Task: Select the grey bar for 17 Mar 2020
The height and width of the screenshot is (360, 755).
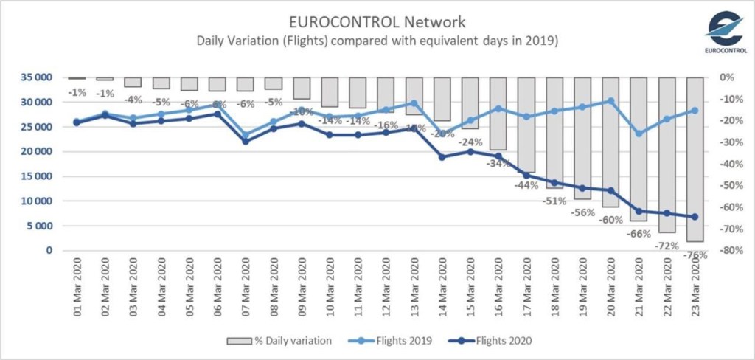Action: coord(526,125)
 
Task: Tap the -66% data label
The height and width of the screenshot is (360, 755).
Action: coord(639,234)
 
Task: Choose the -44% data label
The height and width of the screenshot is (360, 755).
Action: coord(526,185)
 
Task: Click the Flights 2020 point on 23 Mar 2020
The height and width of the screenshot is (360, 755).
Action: coord(695,217)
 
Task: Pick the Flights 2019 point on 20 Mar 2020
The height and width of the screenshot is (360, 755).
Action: coord(610,100)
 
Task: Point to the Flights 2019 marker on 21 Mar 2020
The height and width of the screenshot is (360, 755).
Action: coord(639,134)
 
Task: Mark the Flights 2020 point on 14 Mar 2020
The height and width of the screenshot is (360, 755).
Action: coord(442,157)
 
